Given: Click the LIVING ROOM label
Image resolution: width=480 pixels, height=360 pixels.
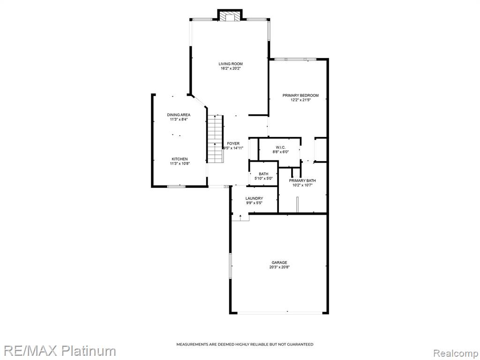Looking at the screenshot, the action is [x=231, y=64].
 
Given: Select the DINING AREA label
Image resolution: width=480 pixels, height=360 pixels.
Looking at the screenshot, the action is [x=179, y=115].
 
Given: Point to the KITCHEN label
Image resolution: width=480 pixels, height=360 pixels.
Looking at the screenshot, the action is [x=180, y=159].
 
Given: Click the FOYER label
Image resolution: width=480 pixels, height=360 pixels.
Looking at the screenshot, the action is [x=233, y=143].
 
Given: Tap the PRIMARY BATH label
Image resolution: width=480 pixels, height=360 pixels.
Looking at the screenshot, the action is [x=302, y=180].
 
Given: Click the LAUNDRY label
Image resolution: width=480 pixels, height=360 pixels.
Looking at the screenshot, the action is [x=254, y=198].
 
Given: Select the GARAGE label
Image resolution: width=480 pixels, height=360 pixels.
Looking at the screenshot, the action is [x=279, y=262].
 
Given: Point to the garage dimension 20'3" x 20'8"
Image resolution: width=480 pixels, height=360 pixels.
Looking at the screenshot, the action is [x=279, y=267].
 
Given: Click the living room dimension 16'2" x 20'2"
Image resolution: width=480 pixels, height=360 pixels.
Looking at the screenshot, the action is [x=231, y=68].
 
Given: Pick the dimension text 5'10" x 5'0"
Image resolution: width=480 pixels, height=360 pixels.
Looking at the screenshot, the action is [x=263, y=179].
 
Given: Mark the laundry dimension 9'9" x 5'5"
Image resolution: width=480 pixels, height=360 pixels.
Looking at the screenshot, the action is [x=254, y=202].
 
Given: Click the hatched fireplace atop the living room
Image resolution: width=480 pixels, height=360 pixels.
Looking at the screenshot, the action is [x=230, y=17].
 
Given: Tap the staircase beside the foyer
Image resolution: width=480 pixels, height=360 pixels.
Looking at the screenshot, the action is [x=215, y=139].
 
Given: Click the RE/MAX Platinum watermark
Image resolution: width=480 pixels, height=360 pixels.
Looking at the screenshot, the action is [x=58, y=351].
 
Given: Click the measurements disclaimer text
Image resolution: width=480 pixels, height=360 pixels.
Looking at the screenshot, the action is [x=245, y=345].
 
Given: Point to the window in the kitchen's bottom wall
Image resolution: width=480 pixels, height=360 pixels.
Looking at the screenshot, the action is [x=176, y=186].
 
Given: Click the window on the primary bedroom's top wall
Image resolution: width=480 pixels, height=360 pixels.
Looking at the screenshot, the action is [x=295, y=59].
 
